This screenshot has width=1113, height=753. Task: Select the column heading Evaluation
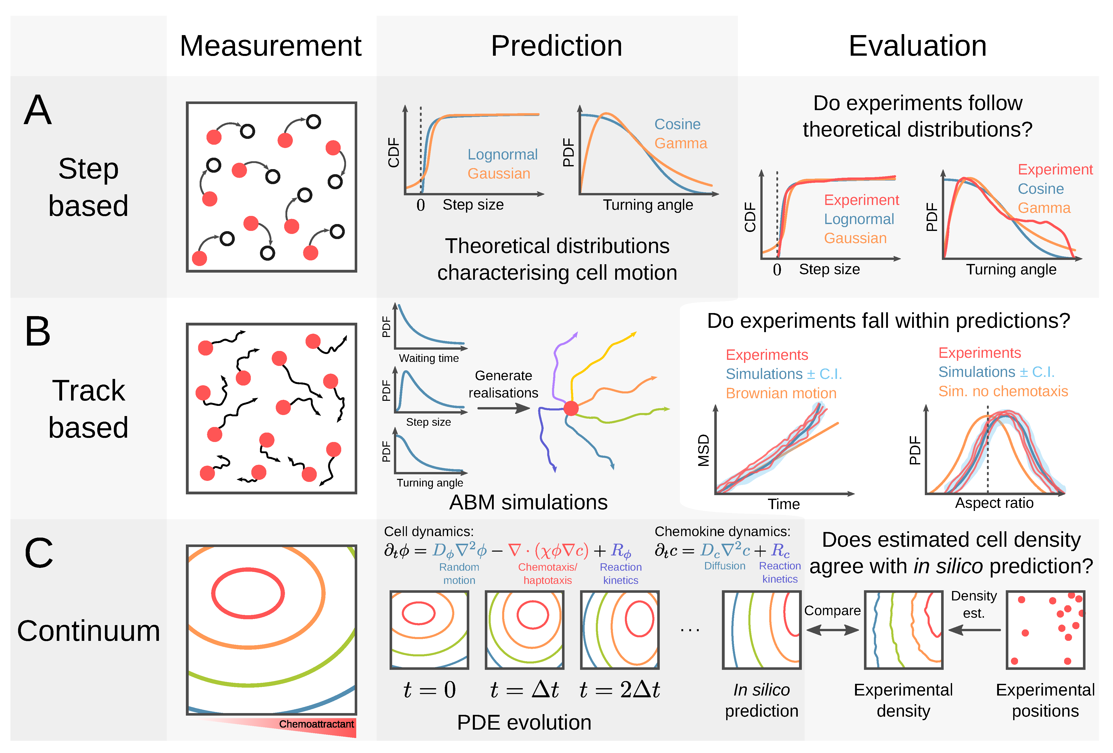[x=917, y=46]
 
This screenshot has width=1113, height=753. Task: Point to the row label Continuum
[x=89, y=630]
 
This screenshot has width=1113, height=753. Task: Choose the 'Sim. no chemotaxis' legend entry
[x=1003, y=391]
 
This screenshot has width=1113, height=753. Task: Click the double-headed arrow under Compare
[x=832, y=630]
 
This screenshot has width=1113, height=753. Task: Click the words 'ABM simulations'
[x=528, y=502]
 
